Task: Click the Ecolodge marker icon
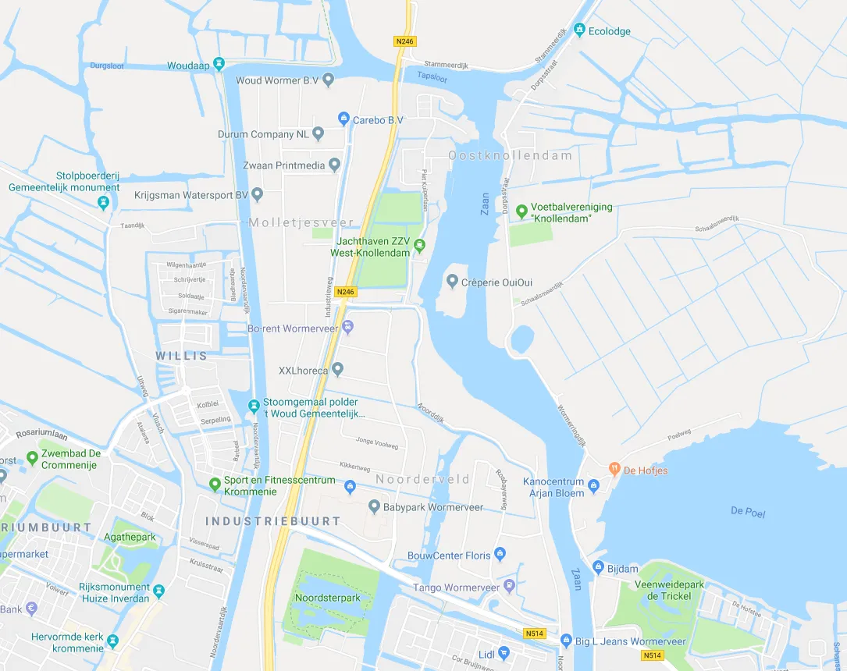579,31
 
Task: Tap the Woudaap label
188,66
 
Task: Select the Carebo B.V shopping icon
343,119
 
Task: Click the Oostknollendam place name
510,155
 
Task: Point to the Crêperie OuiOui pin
452,281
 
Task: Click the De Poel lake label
748,512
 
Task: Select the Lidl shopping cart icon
504,652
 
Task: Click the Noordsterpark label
328,598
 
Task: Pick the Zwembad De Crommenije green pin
32,458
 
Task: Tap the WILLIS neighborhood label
182,356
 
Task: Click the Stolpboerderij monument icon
103,203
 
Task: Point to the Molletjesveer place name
301,222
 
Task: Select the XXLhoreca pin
337,369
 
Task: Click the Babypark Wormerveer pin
374,506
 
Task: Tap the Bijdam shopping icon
599,567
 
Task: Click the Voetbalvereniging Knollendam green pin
521,211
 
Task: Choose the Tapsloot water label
432,76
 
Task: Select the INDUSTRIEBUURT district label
273,520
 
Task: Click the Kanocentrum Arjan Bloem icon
594,487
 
